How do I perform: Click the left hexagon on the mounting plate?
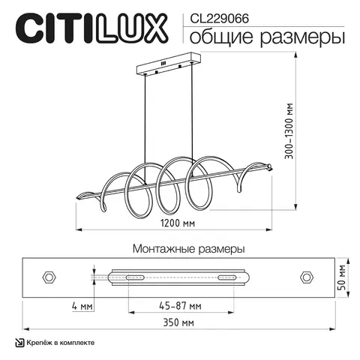tap(50, 276)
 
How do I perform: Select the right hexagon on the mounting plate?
tap(306, 276)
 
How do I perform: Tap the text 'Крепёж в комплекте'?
tap(61, 343)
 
